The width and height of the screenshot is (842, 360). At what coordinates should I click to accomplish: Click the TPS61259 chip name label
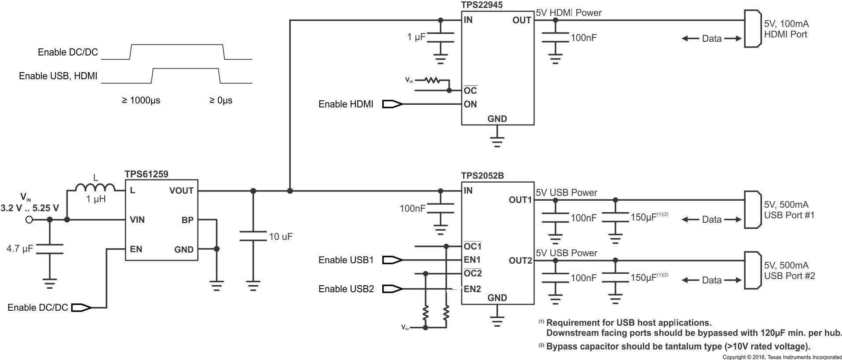(146, 175)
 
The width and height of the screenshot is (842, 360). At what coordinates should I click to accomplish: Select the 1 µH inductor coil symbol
(95, 188)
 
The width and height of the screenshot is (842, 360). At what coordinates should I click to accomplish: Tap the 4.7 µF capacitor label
(20, 249)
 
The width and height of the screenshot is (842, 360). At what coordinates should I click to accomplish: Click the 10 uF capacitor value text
(281, 237)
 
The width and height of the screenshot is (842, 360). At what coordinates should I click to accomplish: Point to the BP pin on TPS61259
(187, 220)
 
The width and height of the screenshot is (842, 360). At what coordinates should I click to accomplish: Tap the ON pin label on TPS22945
(470, 104)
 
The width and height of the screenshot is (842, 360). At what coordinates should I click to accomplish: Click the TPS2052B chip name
(483, 176)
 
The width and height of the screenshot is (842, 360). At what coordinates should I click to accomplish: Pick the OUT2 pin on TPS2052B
(520, 261)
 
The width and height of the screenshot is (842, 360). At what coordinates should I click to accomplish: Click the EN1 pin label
(472, 260)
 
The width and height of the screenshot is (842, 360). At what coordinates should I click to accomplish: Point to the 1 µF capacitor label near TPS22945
(416, 37)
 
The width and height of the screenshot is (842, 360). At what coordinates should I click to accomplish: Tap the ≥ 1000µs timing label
(141, 100)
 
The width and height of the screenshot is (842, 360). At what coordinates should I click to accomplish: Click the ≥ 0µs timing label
(221, 100)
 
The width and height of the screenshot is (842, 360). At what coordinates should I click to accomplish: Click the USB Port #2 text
(789, 276)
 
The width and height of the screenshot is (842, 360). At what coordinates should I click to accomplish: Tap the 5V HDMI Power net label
(568, 13)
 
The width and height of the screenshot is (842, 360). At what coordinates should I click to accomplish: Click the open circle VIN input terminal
(29, 220)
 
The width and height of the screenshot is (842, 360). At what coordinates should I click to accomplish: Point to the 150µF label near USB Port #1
(644, 217)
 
